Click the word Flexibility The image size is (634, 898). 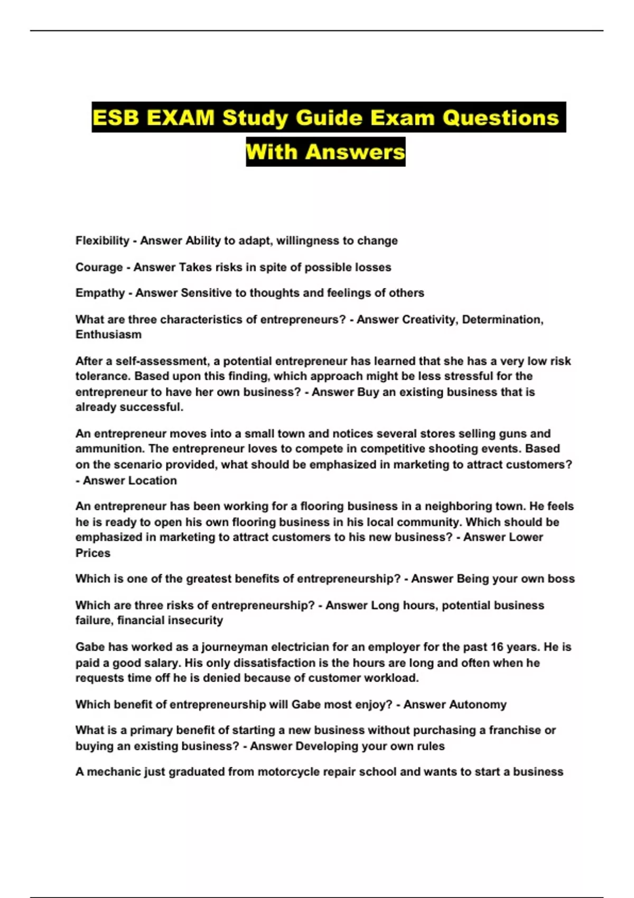[x=102, y=241]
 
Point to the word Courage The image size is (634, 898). [x=99, y=267]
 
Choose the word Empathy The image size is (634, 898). [x=100, y=293]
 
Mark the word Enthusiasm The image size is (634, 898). [x=108, y=335]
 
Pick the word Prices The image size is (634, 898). [x=93, y=553]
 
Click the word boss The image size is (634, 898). [x=561, y=579]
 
